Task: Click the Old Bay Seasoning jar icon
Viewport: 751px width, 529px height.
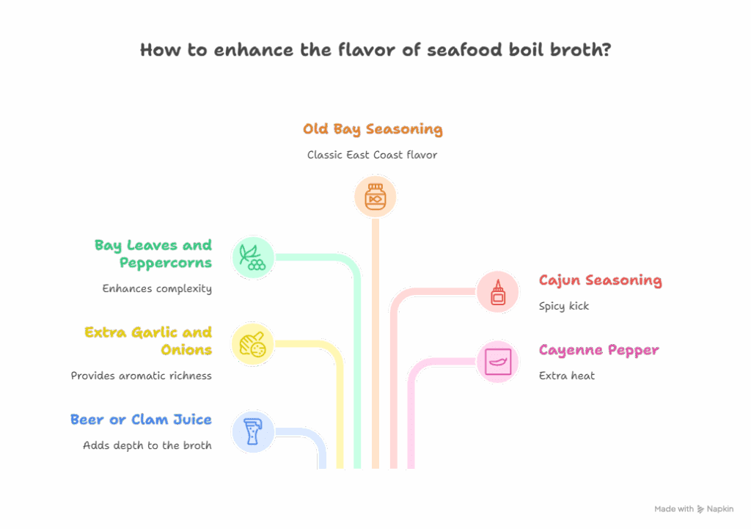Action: click(375, 197)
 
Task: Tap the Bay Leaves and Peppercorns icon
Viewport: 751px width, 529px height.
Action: click(253, 258)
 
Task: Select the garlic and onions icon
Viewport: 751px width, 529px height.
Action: click(253, 344)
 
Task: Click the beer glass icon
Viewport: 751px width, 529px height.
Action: click(253, 431)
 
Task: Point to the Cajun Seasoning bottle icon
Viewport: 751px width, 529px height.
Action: click(498, 292)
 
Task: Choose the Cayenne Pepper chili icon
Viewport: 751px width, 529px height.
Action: click(498, 361)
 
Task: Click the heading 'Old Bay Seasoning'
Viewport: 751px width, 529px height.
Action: click(373, 129)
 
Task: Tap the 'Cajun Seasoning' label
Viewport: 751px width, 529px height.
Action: click(600, 280)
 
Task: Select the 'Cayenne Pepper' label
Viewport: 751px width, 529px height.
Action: click(598, 350)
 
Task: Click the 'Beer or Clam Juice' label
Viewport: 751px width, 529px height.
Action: click(141, 420)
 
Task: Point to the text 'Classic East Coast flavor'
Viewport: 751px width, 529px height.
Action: click(372, 155)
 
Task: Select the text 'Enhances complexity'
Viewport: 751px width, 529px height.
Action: click(157, 288)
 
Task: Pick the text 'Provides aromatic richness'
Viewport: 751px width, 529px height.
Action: click(141, 375)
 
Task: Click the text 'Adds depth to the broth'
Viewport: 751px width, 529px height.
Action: click(147, 445)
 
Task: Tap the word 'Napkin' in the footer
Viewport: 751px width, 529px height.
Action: click(719, 508)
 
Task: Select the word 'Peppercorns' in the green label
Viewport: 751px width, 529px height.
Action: click(164, 263)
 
